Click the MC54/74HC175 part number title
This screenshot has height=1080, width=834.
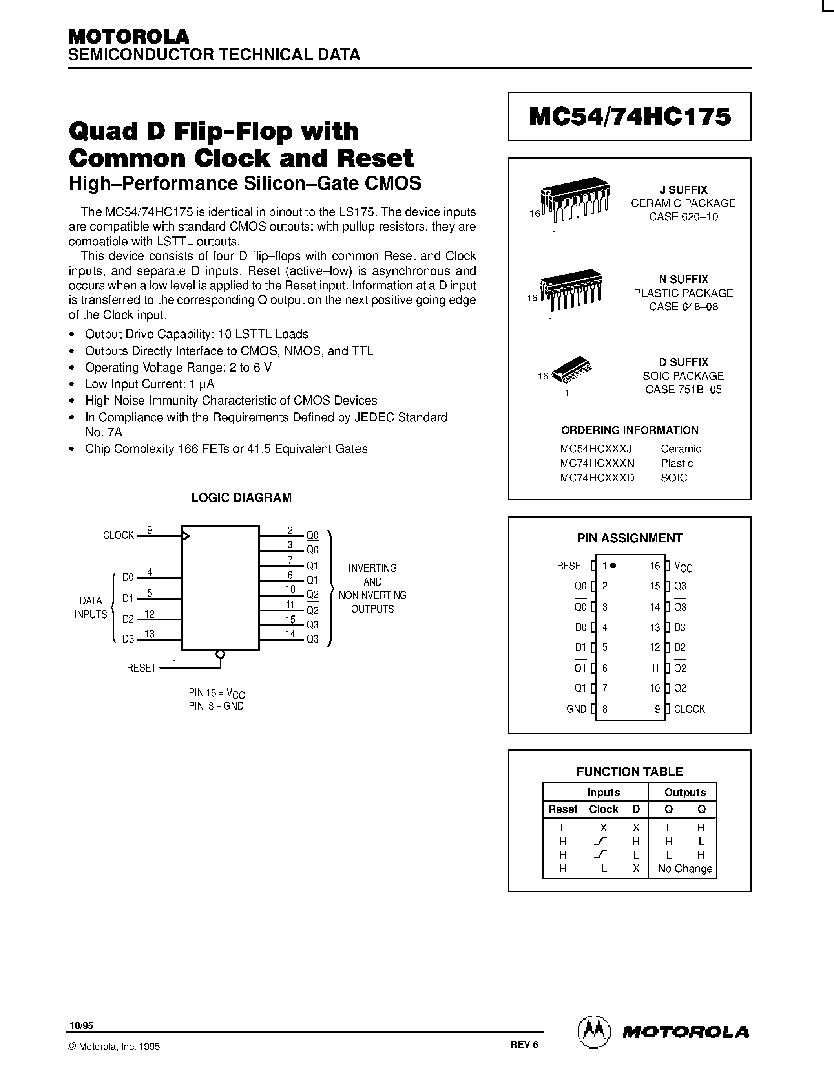(x=630, y=117)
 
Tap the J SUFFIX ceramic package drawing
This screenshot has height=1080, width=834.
(x=575, y=200)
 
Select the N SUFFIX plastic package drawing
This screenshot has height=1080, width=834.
(x=571, y=288)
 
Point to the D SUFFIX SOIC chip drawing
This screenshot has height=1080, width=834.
(x=572, y=370)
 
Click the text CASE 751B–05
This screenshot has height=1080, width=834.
(x=683, y=389)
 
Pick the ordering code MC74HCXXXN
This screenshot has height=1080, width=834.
(x=597, y=463)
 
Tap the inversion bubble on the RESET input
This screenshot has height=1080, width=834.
(x=220, y=654)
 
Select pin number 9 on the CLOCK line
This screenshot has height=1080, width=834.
(x=149, y=530)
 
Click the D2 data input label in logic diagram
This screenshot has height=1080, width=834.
(x=128, y=619)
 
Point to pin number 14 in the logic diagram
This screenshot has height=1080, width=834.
(x=290, y=633)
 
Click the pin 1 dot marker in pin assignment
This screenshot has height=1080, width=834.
(x=613, y=566)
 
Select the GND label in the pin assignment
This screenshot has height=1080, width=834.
(x=576, y=709)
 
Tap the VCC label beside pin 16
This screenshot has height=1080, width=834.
(x=683, y=567)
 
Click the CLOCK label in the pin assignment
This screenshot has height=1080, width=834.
(x=689, y=709)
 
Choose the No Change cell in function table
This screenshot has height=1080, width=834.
(x=685, y=869)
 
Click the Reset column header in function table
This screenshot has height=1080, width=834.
(x=562, y=809)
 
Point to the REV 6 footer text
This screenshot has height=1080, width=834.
(x=524, y=1044)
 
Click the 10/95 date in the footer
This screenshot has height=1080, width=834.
(x=81, y=1025)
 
